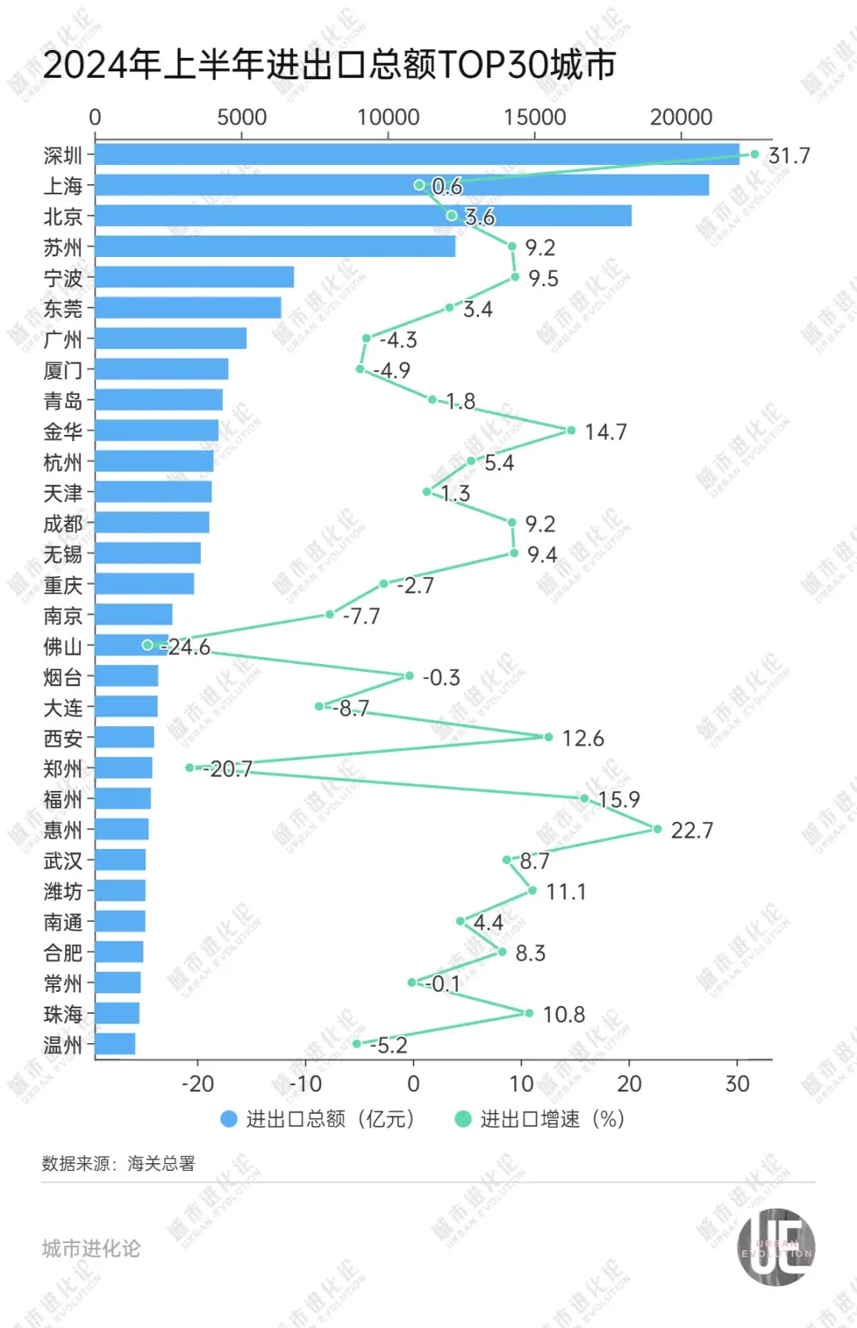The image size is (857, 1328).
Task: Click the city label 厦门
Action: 63,370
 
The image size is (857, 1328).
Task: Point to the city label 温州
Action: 63,1045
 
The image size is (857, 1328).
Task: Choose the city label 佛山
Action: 63,647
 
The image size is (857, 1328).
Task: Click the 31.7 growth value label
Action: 789,155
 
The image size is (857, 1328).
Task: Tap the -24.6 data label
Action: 187,647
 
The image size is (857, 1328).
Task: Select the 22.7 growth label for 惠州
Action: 691,831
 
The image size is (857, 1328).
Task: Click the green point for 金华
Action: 571,431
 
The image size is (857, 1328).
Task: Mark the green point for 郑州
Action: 189,767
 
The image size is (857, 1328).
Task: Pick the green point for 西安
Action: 548,737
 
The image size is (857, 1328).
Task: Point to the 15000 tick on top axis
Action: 534,117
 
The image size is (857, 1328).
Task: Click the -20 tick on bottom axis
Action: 198,1084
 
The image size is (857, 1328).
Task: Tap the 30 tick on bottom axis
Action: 737,1084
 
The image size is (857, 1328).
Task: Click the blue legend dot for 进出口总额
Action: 229,1119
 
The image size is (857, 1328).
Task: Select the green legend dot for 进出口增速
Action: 463,1119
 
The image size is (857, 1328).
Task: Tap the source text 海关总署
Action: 161,1164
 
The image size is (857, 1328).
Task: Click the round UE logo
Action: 775,1246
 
